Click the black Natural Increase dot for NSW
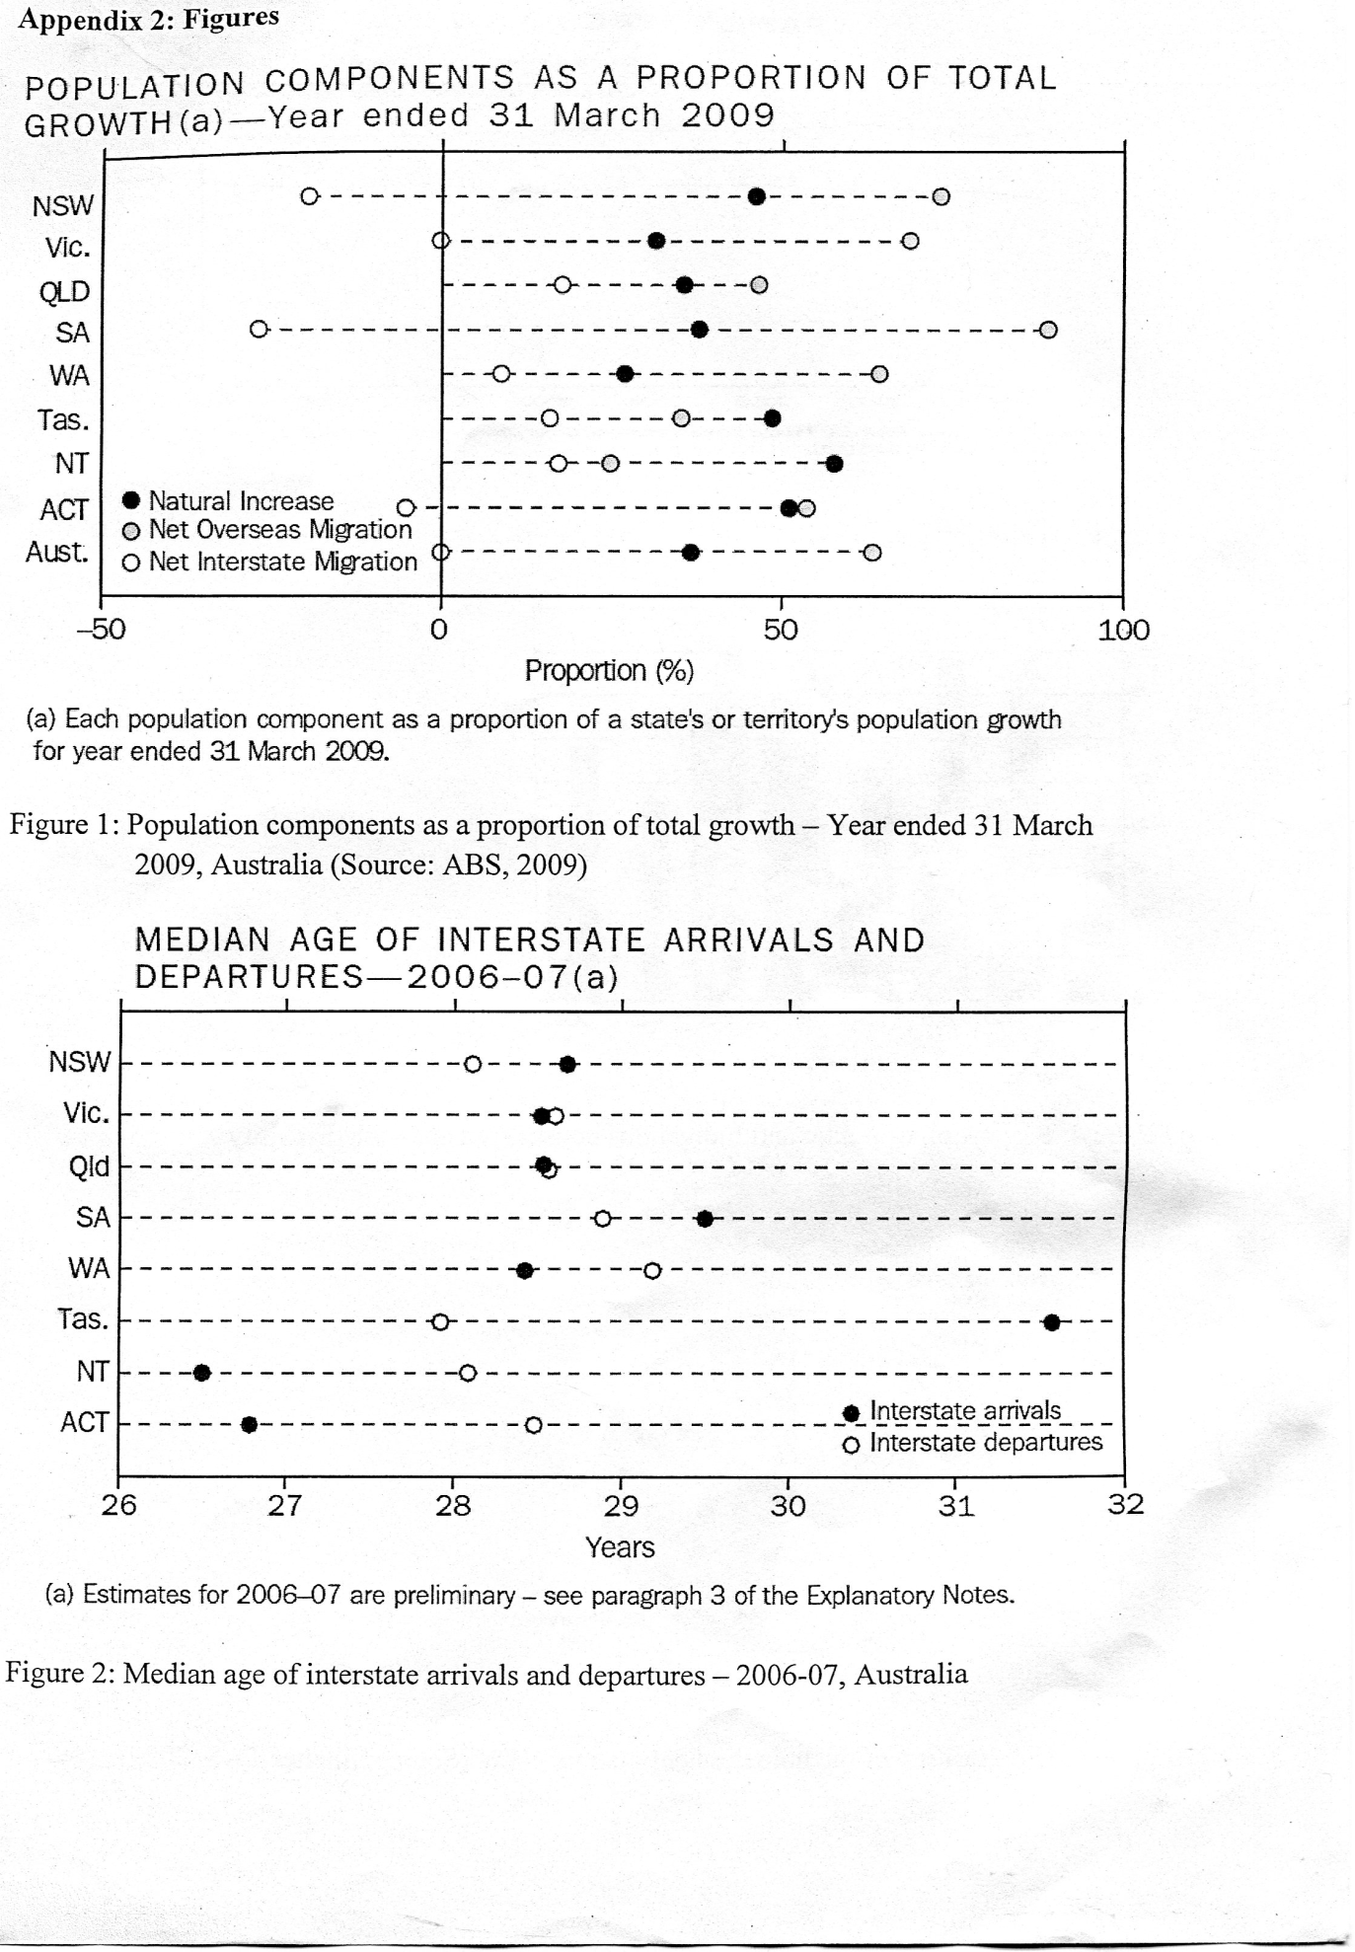(757, 196)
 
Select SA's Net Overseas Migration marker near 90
(1048, 330)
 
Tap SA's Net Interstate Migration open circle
(259, 330)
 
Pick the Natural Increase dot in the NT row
(834, 464)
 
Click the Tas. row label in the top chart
(63, 420)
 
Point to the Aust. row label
(57, 552)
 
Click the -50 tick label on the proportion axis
(102, 630)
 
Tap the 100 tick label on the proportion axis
(1124, 630)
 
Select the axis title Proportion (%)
(609, 671)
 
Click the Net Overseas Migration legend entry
(268, 530)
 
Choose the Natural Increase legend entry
(230, 501)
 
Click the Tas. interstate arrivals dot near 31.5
(1052, 1322)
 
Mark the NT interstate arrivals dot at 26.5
(201, 1373)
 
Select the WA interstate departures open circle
(652, 1270)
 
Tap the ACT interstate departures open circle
(534, 1425)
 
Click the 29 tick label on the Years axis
(621, 1506)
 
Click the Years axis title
(620, 1547)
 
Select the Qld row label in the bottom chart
(90, 1166)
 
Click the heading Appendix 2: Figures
(148, 18)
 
